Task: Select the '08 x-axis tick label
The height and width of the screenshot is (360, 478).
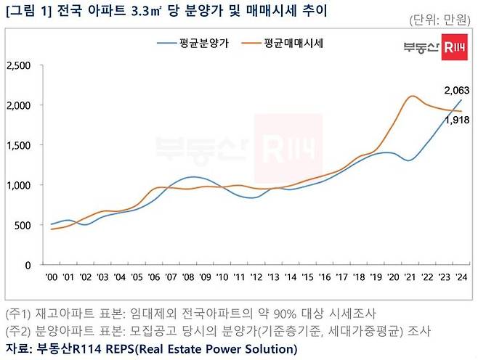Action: pos(188,277)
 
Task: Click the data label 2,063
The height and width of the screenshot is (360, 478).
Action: pos(456,90)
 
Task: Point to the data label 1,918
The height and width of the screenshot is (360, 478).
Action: pos(456,120)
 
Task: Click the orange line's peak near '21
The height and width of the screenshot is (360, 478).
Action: pos(412,96)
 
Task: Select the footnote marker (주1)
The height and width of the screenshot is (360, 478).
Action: pos(17,314)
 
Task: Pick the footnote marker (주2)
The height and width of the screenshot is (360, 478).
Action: pos(17,331)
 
